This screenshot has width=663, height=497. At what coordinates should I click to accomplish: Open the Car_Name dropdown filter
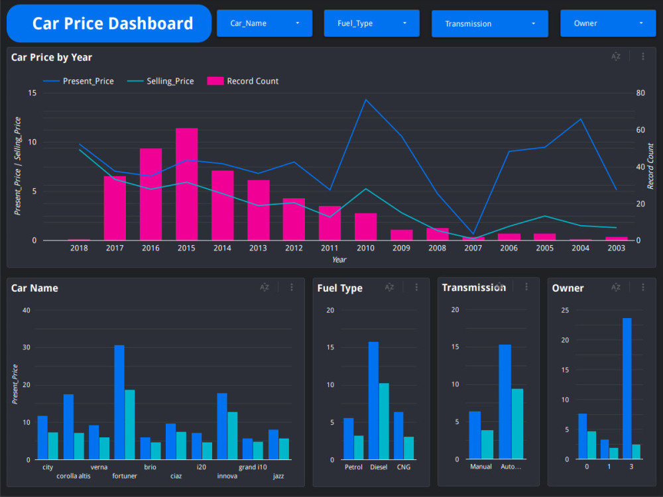tap(265, 23)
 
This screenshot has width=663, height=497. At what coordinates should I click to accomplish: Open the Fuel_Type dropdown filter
tap(372, 23)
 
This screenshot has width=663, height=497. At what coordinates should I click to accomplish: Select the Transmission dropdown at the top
tap(490, 24)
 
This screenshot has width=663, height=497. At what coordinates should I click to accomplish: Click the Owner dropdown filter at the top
tap(608, 23)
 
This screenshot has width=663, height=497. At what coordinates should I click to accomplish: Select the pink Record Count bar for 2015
tap(186, 184)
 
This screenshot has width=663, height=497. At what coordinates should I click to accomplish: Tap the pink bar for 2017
tap(115, 208)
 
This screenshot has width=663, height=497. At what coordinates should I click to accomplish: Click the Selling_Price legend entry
tap(160, 81)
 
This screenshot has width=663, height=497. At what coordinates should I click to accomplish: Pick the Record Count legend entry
tap(243, 81)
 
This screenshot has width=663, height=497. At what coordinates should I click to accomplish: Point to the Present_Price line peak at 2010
tap(366, 100)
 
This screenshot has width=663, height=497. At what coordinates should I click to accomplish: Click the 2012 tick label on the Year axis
tap(294, 248)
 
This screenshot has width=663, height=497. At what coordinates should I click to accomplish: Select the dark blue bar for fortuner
tap(119, 402)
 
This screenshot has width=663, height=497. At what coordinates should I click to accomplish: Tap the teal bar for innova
tap(233, 436)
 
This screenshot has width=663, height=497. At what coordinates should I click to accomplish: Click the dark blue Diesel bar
tap(373, 401)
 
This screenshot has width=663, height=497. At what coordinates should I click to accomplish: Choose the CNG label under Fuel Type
tap(403, 467)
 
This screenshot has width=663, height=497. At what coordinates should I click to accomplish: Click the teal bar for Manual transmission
tap(487, 445)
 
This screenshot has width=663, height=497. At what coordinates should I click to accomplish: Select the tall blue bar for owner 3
tap(627, 389)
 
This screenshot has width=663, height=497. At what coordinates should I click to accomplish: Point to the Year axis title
tap(339, 260)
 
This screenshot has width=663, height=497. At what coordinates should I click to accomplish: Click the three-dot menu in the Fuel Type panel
tap(416, 288)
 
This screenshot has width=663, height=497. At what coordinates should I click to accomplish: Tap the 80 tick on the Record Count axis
tap(640, 93)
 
